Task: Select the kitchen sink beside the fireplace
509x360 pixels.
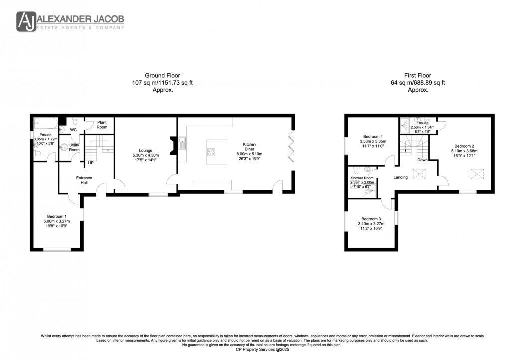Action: [x=183, y=144]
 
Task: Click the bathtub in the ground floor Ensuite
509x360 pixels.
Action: [x=45, y=122]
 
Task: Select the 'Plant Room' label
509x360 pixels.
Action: [x=102, y=124]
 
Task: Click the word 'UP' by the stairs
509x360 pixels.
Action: [x=91, y=163]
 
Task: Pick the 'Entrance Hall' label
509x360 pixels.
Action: [x=84, y=180]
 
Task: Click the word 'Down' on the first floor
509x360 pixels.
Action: [x=422, y=160]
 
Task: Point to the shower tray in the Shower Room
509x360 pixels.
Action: [x=368, y=189]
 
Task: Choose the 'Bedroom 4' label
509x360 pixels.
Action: [x=373, y=137]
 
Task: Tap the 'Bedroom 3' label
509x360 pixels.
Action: [x=371, y=219]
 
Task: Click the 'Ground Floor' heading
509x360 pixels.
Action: [x=162, y=76]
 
